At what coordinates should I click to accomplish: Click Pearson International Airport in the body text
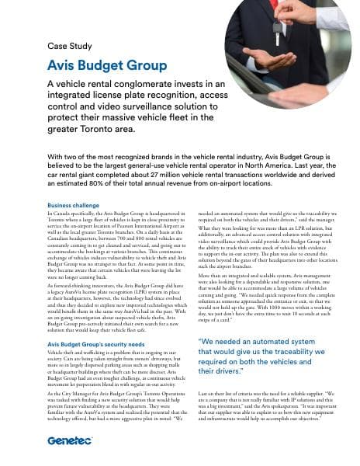pos(129,224)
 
